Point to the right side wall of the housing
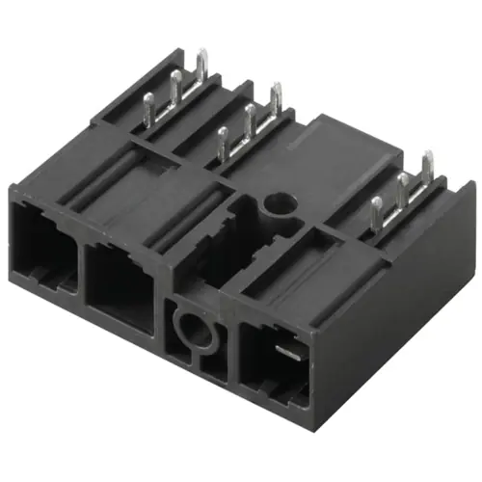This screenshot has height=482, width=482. tap(395, 308)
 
